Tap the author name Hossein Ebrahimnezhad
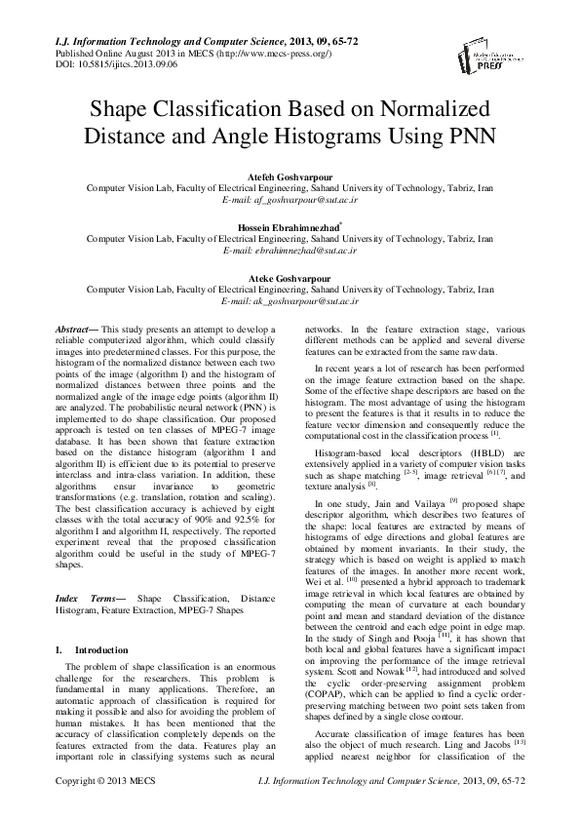pyautogui.click(x=288, y=227)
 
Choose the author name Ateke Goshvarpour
pyautogui.click(x=290, y=278)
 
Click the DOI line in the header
pyautogui.click(x=109, y=64)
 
